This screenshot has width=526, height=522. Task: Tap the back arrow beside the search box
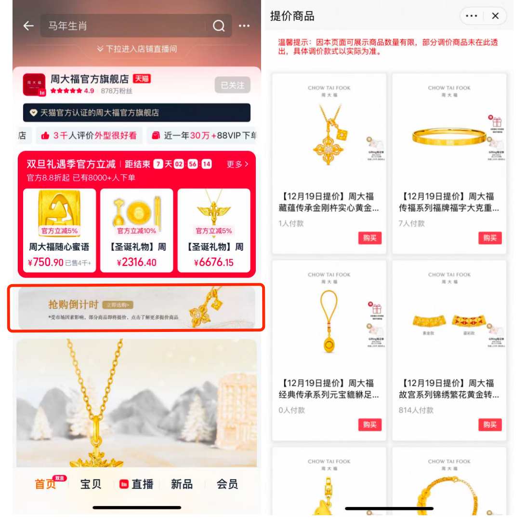28,26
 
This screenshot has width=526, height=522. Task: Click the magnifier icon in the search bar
219,26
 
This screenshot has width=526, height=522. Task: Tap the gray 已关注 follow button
232,85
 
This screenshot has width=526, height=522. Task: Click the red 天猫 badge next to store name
142,79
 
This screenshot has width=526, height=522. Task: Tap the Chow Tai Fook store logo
34,85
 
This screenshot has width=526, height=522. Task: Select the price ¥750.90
46,263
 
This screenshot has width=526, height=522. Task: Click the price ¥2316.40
136,263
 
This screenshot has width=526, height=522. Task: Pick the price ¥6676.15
214,263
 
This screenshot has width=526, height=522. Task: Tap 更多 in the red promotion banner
237,165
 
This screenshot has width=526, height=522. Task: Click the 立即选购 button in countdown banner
118,305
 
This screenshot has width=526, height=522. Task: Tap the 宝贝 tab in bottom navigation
91,484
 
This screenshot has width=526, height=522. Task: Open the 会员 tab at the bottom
227,484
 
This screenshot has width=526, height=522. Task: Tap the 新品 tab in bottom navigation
182,484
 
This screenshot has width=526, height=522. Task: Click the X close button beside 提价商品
495,16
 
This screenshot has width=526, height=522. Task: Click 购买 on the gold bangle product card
490,238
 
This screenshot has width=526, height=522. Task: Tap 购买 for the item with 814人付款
490,425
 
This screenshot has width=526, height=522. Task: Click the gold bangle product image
449,137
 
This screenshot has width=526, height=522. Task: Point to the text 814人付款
416,410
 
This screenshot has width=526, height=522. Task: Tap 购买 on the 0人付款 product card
369,425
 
